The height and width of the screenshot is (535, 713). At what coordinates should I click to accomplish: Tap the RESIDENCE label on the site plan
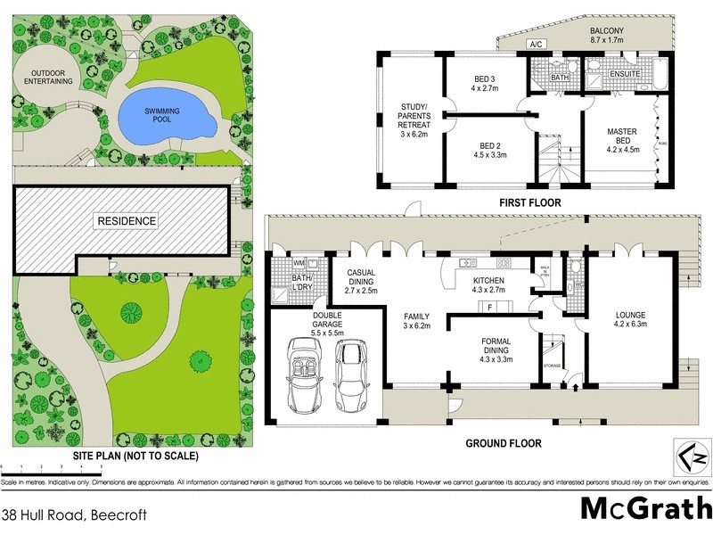point(127,220)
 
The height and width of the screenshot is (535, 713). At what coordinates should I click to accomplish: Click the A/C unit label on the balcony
point(537,44)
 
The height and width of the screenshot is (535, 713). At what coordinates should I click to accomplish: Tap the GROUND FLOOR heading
point(504,443)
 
